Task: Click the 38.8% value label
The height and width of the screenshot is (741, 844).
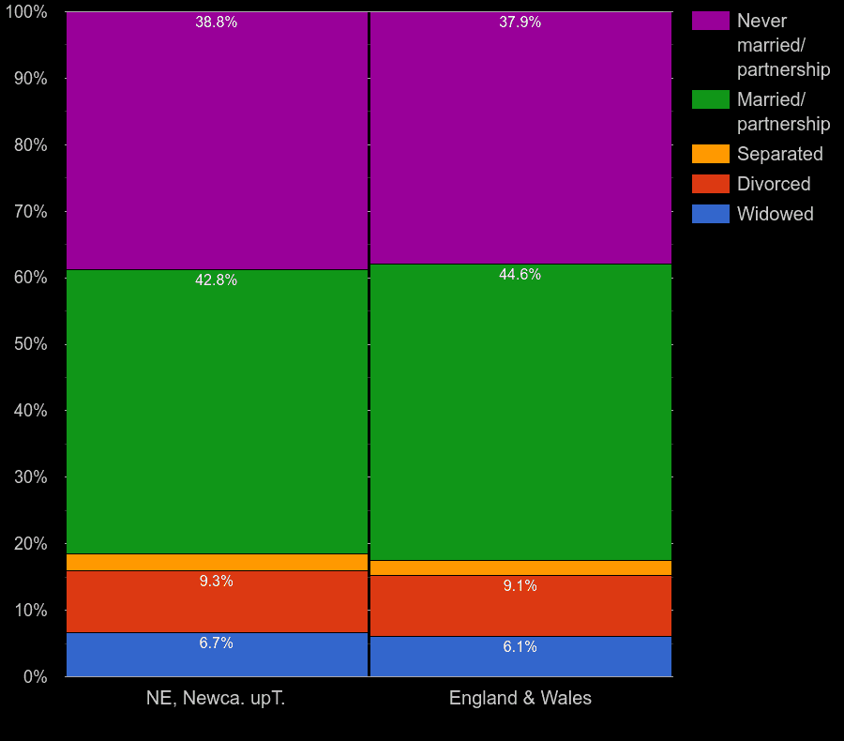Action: pyautogui.click(x=216, y=23)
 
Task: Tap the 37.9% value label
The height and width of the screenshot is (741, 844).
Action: pyautogui.click(x=520, y=23)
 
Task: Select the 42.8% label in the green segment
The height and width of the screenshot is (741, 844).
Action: pyautogui.click(x=216, y=280)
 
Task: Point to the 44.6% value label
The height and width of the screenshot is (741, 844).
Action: pyautogui.click(x=520, y=275)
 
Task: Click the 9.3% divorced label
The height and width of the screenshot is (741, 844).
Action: pyautogui.click(x=216, y=582)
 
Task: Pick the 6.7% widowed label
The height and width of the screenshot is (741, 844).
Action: pyautogui.click(x=216, y=643)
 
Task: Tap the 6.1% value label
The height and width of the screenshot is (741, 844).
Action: pyautogui.click(x=520, y=647)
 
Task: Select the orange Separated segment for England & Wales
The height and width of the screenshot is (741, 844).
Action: pyautogui.click(x=521, y=567)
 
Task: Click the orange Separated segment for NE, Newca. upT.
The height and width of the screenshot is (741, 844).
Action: pyautogui.click(x=217, y=562)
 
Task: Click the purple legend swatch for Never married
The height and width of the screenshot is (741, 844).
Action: pyautogui.click(x=710, y=21)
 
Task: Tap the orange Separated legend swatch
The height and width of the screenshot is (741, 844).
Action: pyautogui.click(x=710, y=154)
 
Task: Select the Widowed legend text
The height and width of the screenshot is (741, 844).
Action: pyautogui.click(x=775, y=214)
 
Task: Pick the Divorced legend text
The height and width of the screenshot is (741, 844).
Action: pyautogui.click(x=774, y=184)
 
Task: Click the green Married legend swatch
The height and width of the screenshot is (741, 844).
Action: pyautogui.click(x=710, y=99)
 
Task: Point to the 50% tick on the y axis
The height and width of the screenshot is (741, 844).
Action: pyautogui.click(x=31, y=344)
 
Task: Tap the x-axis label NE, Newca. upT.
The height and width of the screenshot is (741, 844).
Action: pyautogui.click(x=216, y=699)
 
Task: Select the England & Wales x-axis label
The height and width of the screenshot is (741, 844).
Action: pyautogui.click(x=520, y=699)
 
